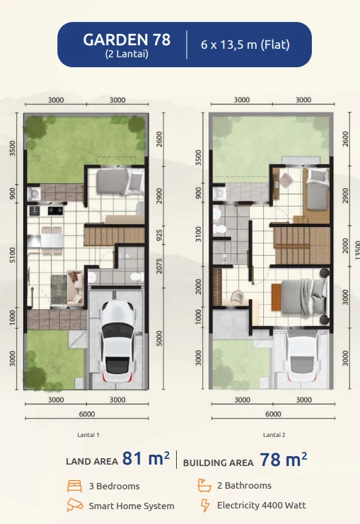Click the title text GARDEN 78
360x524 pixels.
coord(127,40)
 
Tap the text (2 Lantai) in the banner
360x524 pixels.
coord(127,54)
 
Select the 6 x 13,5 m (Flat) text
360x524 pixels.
coord(245,45)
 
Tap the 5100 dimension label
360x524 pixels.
coord(13,255)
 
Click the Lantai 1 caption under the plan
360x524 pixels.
coord(88,436)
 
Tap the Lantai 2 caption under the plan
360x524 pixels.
coord(273,436)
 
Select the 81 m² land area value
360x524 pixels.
coord(145,460)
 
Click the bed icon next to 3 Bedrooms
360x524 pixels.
coord(74,486)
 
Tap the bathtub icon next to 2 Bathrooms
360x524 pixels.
coord(204,486)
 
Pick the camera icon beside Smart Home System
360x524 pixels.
coord(74,505)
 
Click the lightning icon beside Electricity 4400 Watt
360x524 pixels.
coord(205,505)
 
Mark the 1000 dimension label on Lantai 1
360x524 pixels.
coord(13,318)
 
